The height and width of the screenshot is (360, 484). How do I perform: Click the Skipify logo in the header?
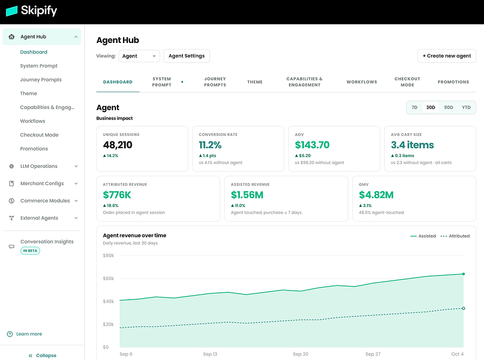point(32,11)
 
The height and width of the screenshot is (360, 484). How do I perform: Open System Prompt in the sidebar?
point(39,66)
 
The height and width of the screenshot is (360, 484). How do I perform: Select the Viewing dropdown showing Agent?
point(139,56)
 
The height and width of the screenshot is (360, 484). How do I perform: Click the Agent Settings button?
point(187,56)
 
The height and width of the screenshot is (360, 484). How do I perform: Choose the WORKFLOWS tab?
point(362,82)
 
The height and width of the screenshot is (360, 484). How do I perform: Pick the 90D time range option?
point(448,108)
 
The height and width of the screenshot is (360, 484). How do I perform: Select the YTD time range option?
point(466,108)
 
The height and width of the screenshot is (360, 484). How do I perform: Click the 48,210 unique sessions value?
point(118,145)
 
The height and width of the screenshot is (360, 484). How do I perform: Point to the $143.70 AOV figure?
point(312,145)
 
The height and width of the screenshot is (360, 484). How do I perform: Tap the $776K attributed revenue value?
point(117,195)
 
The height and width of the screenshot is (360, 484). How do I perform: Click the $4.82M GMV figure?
point(376,195)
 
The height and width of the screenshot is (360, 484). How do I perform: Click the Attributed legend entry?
point(455,236)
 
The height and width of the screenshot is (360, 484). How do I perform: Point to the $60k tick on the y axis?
point(108,279)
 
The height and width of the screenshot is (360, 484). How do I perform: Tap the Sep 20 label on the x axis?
point(301,354)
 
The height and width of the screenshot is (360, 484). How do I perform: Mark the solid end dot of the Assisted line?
point(463,274)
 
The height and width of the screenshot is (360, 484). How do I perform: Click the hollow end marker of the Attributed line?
point(463,308)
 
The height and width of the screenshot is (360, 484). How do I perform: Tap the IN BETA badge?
point(30,251)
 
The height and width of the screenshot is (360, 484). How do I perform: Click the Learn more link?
point(29,334)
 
